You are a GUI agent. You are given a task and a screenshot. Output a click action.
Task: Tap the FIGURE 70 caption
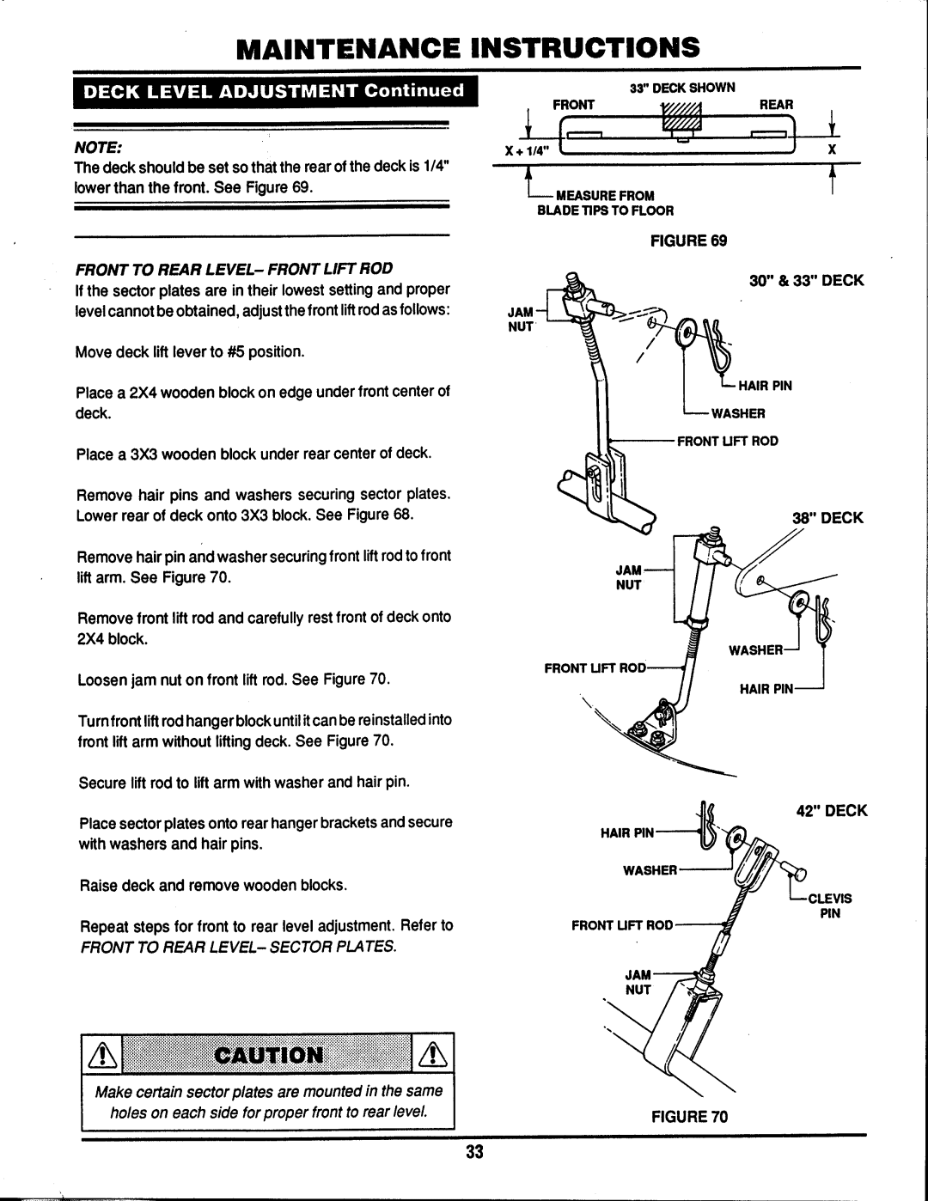(689, 1116)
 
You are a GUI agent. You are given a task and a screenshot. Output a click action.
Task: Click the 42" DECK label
(832, 810)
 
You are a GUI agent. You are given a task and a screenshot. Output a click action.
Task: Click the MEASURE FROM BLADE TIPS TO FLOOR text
(606, 203)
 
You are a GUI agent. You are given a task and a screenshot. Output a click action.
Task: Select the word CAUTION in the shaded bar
(268, 1055)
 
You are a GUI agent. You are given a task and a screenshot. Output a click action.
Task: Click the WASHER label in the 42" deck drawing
(650, 870)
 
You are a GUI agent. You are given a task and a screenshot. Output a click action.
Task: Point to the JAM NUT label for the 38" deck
(628, 577)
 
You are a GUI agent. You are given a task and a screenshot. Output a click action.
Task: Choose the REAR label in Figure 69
(776, 104)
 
